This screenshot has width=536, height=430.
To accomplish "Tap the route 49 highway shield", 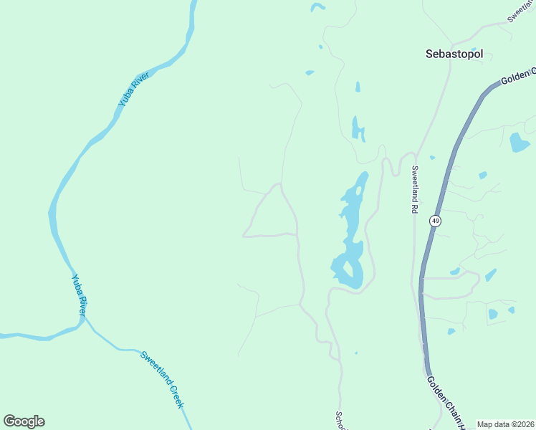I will (436, 221).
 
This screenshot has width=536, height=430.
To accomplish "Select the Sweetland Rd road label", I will (414, 190).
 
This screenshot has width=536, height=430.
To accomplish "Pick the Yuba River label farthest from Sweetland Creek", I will (133, 90).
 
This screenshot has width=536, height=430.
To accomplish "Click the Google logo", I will (24, 421).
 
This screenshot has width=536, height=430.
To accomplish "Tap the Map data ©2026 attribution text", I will (506, 424).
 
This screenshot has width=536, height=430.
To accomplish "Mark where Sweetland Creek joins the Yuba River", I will (85, 320).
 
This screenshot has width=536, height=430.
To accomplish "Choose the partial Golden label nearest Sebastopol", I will (518, 75).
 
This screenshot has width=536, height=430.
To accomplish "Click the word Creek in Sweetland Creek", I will (176, 396).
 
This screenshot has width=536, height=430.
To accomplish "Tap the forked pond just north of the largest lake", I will (356, 129).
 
